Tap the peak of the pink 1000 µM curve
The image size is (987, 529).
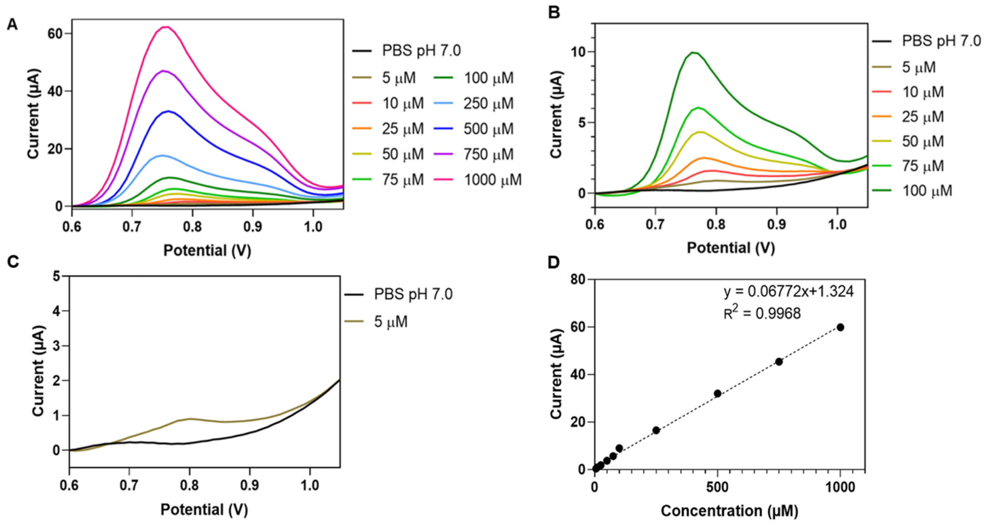166,27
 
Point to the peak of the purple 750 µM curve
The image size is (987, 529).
164,71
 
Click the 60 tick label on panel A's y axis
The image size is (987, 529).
54,34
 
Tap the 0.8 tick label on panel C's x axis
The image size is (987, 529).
189,485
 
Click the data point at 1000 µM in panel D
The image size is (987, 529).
840,327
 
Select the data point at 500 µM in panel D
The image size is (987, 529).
718,394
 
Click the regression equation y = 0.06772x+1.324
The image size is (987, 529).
789,292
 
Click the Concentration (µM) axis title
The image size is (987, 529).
729,511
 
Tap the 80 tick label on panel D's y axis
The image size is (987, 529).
578,280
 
